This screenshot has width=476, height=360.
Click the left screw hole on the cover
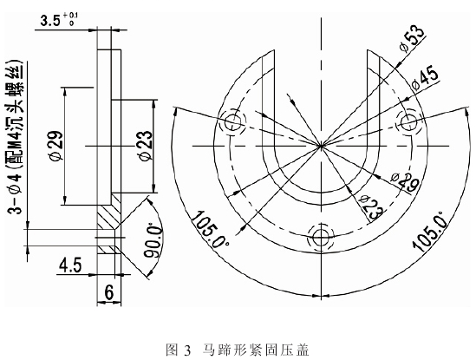pyautogui.click(x=233, y=125)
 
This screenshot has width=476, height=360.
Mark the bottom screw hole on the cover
pyautogui.click(x=322, y=237)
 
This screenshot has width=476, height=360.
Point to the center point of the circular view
pyautogui.click(x=322, y=145)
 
